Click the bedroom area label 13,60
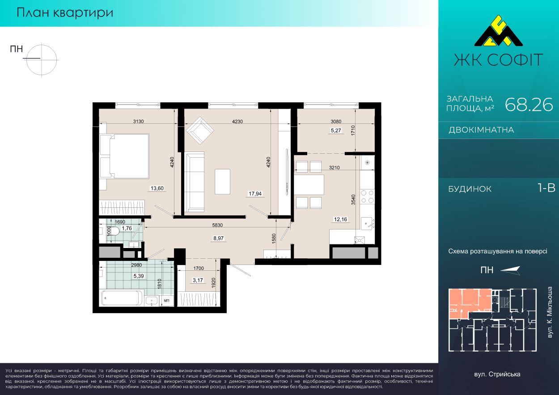click(x=157, y=188)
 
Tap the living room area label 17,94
click(x=255, y=193)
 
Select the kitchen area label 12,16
click(x=340, y=219)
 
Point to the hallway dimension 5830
click(x=217, y=225)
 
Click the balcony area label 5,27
click(x=336, y=130)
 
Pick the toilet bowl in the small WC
click(x=114, y=231)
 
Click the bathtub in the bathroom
click(x=122, y=298)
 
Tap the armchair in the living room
click(x=199, y=130)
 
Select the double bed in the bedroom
click(x=124, y=156)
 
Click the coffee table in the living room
click(x=222, y=181)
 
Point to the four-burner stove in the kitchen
click(x=368, y=197)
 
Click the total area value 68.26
click(x=529, y=105)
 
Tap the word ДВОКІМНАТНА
click(x=481, y=130)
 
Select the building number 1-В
click(x=546, y=188)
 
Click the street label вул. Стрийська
click(x=497, y=374)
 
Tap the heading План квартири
click(x=65, y=13)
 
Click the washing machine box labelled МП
click(x=166, y=300)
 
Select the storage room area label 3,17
click(x=198, y=280)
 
